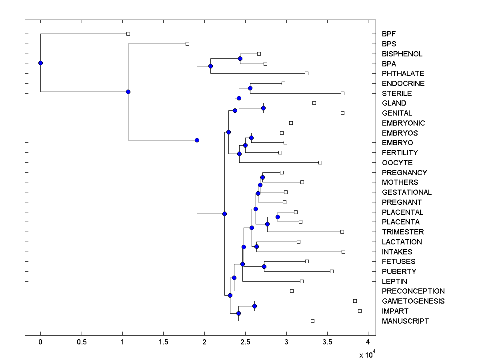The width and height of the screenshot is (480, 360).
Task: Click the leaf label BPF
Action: (388, 34)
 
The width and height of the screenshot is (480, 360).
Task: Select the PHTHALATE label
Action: (403, 74)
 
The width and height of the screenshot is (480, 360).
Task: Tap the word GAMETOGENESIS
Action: (413, 301)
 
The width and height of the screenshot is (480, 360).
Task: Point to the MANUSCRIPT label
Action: (405, 321)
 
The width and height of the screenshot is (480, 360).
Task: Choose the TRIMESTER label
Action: (403, 232)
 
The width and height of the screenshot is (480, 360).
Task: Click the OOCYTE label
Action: (397, 163)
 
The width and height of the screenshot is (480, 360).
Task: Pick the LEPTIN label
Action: (394, 282)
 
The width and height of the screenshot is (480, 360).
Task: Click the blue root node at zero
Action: (40, 63)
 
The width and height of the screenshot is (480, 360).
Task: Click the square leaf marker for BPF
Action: (128, 34)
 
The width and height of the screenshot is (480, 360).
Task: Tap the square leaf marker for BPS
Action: (187, 44)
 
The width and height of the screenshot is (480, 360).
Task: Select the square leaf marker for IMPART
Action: (360, 311)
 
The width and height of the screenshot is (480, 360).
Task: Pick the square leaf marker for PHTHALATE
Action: (306, 73)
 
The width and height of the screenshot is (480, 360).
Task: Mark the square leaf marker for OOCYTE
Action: (320, 162)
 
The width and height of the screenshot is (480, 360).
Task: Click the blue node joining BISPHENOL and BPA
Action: (240, 58)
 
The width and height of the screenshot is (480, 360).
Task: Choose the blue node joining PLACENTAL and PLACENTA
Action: (278, 217)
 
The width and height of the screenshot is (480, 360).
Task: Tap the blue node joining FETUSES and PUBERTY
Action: (264, 266)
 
